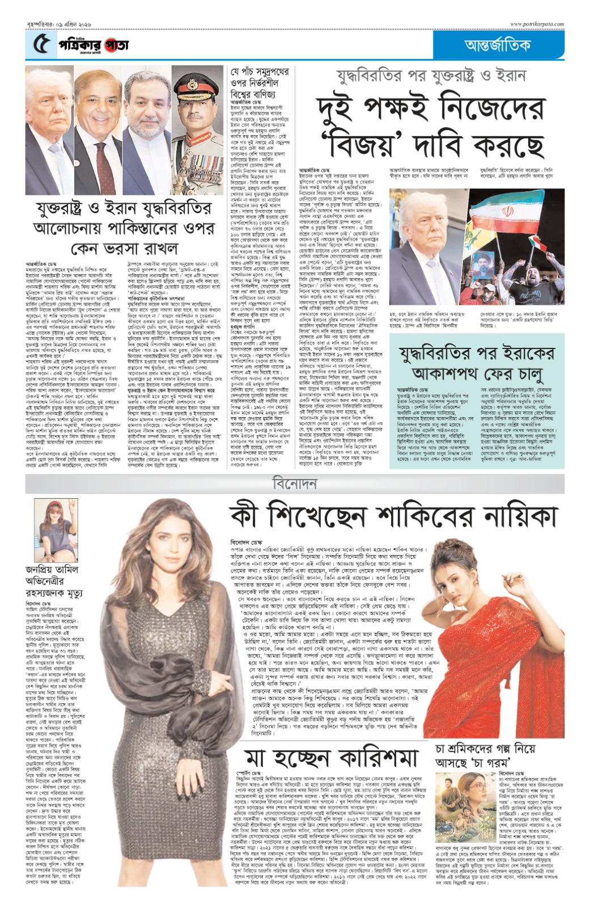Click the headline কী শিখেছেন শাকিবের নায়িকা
pyautogui.click(x=393, y=516)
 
